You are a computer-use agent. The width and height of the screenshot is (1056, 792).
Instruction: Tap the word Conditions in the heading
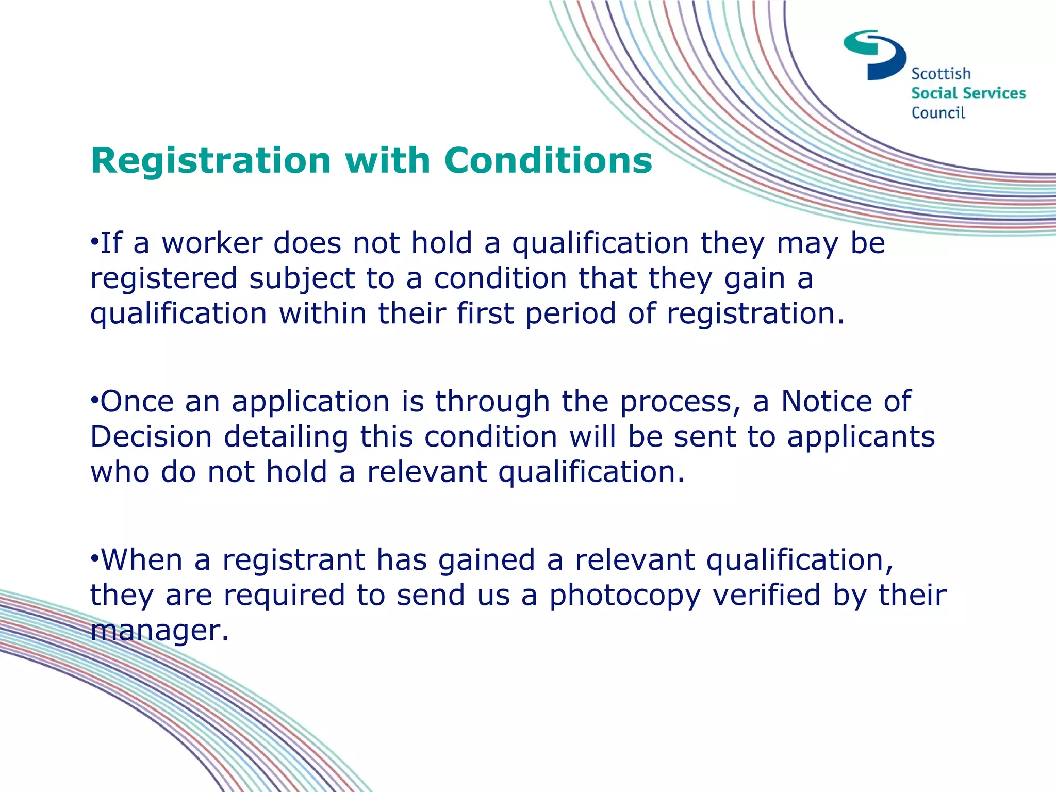coord(548,161)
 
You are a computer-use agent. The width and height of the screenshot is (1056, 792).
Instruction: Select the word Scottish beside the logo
coord(940,74)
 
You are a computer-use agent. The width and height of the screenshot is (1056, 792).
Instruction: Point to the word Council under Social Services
coord(937,113)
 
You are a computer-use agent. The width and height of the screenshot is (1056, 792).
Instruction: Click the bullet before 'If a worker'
coord(94,241)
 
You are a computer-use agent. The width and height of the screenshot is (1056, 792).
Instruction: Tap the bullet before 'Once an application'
coord(94,400)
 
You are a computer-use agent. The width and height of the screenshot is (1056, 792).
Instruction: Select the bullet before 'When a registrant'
coord(94,558)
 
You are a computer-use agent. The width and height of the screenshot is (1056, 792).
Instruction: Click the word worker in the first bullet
coord(211,243)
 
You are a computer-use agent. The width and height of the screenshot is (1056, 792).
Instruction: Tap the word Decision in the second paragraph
coord(151,437)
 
